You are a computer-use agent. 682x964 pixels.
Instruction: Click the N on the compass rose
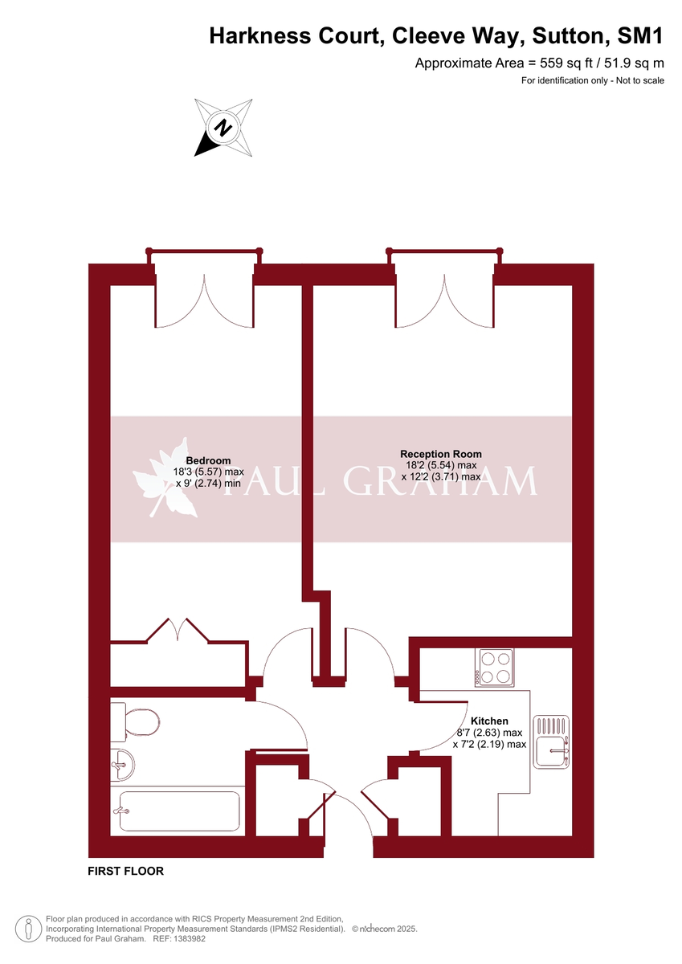point(223,128)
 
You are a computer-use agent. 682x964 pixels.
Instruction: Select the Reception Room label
point(441,454)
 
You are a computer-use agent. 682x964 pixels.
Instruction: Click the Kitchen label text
point(489,721)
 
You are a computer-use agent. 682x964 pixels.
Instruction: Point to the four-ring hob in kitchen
point(495,667)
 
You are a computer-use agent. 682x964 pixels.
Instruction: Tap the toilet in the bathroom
point(137,722)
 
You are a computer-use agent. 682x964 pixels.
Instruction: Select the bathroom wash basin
point(123,762)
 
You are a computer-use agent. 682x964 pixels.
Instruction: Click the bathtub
point(179,811)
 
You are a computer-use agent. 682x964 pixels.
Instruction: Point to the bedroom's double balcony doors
point(205,300)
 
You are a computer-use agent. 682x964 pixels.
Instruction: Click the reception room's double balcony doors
point(443,300)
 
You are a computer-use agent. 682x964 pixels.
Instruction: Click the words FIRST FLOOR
point(125,871)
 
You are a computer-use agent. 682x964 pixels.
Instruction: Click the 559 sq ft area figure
point(550,63)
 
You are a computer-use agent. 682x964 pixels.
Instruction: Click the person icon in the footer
point(29,928)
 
